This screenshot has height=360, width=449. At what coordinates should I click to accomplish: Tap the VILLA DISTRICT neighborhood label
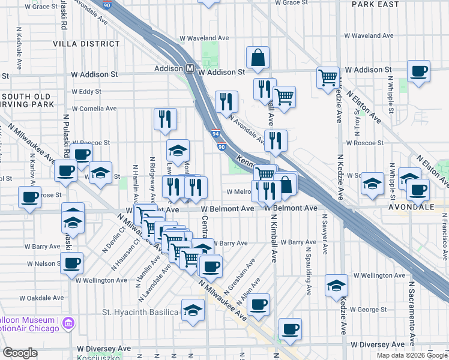(86, 44)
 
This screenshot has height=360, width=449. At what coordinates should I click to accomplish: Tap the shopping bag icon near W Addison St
(258, 58)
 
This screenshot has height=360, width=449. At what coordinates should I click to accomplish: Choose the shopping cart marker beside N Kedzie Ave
(328, 77)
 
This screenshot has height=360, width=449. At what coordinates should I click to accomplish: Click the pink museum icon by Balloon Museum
(68, 323)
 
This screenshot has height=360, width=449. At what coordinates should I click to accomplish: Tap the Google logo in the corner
(20, 353)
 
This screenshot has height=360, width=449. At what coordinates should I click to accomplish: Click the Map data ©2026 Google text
(411, 355)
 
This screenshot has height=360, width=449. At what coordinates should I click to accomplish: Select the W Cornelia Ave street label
(94, 109)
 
